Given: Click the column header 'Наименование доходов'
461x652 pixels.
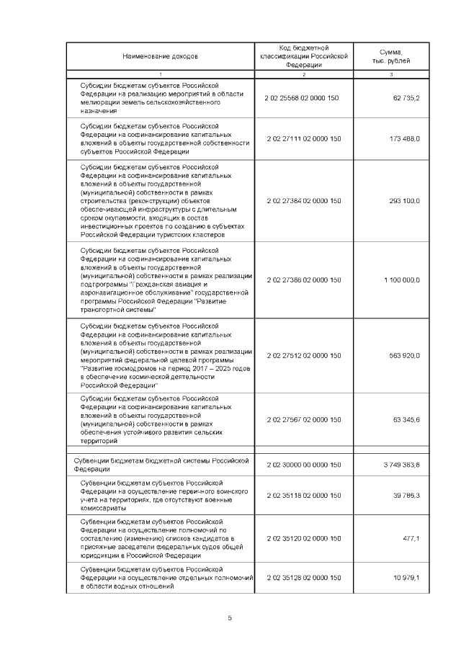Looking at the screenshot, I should (160, 55).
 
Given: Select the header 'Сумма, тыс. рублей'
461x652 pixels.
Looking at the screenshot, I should (391, 55).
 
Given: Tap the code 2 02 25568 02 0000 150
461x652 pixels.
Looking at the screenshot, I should (303, 98).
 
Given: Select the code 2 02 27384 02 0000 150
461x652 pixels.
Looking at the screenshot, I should (303, 201).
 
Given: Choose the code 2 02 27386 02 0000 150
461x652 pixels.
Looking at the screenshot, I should (303, 280).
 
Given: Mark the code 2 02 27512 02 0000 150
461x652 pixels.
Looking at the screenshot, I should (303, 356).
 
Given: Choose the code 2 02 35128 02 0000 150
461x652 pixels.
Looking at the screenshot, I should (303, 579).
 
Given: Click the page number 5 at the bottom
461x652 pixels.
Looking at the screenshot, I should (230, 617).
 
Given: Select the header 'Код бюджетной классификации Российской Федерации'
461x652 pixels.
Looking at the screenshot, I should (303, 55).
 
